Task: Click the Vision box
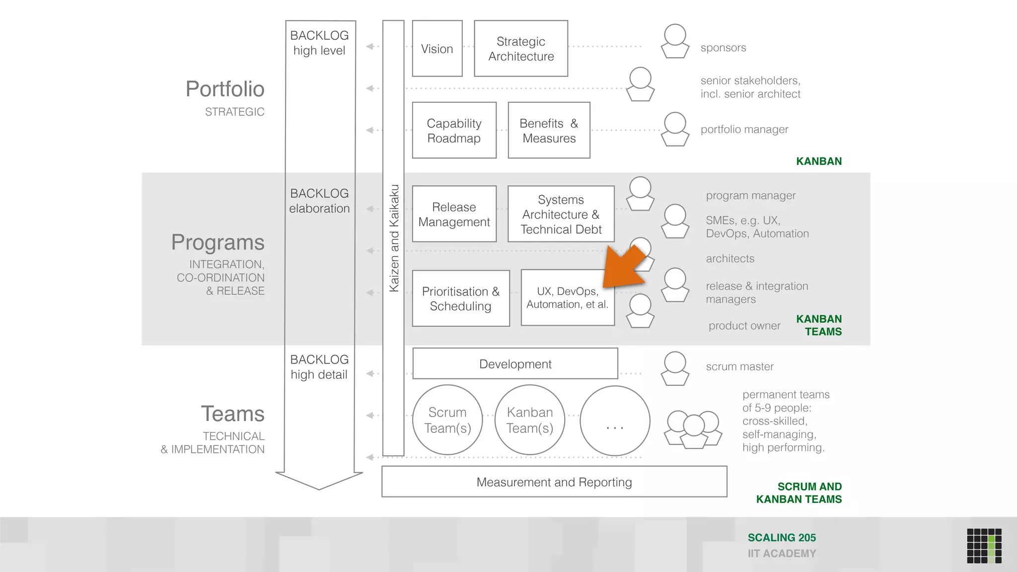click(437, 49)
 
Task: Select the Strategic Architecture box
click(521, 49)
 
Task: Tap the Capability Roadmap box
click(454, 131)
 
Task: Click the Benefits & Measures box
click(549, 131)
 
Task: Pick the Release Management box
click(454, 214)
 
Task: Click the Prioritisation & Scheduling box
click(461, 298)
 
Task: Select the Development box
click(515, 364)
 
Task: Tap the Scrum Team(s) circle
click(447, 420)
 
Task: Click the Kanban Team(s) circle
click(530, 420)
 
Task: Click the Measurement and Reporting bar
click(554, 482)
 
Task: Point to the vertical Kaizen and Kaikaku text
click(394, 238)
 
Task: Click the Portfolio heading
click(225, 89)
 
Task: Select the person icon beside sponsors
click(675, 42)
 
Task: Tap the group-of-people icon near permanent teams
click(693, 429)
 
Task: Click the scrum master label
click(739, 366)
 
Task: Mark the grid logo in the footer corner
click(984, 546)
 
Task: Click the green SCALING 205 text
click(782, 538)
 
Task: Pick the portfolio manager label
click(744, 130)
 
